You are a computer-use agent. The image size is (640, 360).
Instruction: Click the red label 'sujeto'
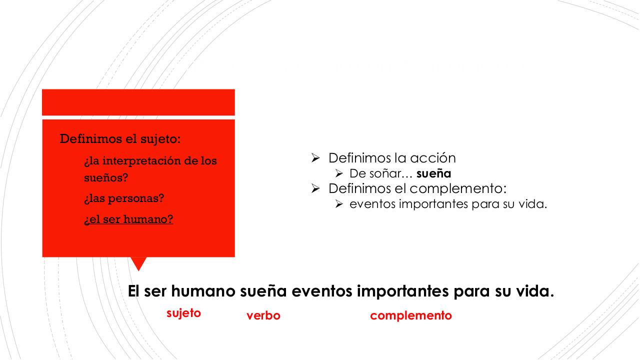point(183,313)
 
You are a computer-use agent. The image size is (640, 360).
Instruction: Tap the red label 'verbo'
point(263,315)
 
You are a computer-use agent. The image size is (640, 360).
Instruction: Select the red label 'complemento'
point(410,315)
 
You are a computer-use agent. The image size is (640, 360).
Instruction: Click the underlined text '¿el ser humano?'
point(128,219)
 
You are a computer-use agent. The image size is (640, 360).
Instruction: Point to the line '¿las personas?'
point(124,198)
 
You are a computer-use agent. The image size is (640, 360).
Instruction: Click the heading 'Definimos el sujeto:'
point(120,138)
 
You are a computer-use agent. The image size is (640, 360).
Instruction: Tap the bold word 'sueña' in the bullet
point(433,173)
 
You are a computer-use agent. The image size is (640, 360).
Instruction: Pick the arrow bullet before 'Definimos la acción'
point(315,158)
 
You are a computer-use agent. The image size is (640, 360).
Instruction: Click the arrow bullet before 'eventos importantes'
point(339,204)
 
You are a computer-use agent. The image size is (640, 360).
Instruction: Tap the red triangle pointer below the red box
point(138,263)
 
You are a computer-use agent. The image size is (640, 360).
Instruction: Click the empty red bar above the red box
point(138,102)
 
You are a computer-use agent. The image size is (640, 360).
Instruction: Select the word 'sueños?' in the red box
point(106,177)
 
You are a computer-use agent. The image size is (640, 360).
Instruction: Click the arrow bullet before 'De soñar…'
point(339,173)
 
